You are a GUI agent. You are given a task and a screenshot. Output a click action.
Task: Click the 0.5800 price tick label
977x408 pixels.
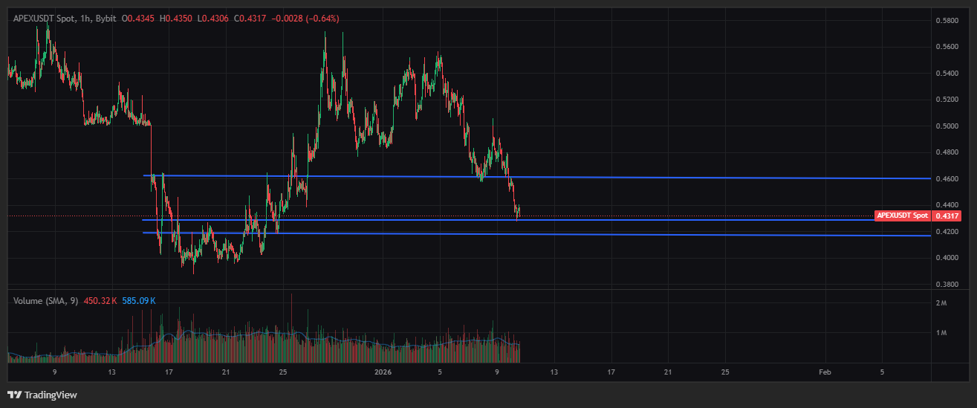[x=947, y=20]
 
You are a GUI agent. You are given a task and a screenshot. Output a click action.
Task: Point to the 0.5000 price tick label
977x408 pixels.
[x=947, y=126]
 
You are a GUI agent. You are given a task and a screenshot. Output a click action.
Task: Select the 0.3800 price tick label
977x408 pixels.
[x=947, y=284]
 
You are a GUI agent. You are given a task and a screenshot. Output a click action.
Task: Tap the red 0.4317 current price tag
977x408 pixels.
[x=946, y=216]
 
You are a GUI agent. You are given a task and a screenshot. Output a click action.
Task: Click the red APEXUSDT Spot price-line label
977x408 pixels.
[x=902, y=216]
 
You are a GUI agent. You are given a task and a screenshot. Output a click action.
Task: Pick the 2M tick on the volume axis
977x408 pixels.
[x=941, y=303]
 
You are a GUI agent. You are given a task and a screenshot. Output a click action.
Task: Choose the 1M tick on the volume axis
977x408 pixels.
[x=941, y=332]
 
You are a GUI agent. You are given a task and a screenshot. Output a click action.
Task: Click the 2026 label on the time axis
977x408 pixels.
[x=383, y=371]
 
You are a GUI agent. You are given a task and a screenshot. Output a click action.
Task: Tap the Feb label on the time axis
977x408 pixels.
[x=825, y=371]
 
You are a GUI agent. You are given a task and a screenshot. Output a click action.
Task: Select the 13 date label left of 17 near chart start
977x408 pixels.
[x=111, y=371]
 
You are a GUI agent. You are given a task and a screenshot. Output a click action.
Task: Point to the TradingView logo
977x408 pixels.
[x=42, y=395]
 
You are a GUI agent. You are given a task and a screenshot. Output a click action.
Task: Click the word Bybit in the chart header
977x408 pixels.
[x=106, y=18]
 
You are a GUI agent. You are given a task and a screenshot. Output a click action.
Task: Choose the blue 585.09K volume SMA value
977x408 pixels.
[x=139, y=300]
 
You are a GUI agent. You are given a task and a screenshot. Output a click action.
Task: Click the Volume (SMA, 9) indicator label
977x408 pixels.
[x=45, y=300]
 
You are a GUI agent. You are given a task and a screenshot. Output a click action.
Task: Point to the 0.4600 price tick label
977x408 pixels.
[x=947, y=178]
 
